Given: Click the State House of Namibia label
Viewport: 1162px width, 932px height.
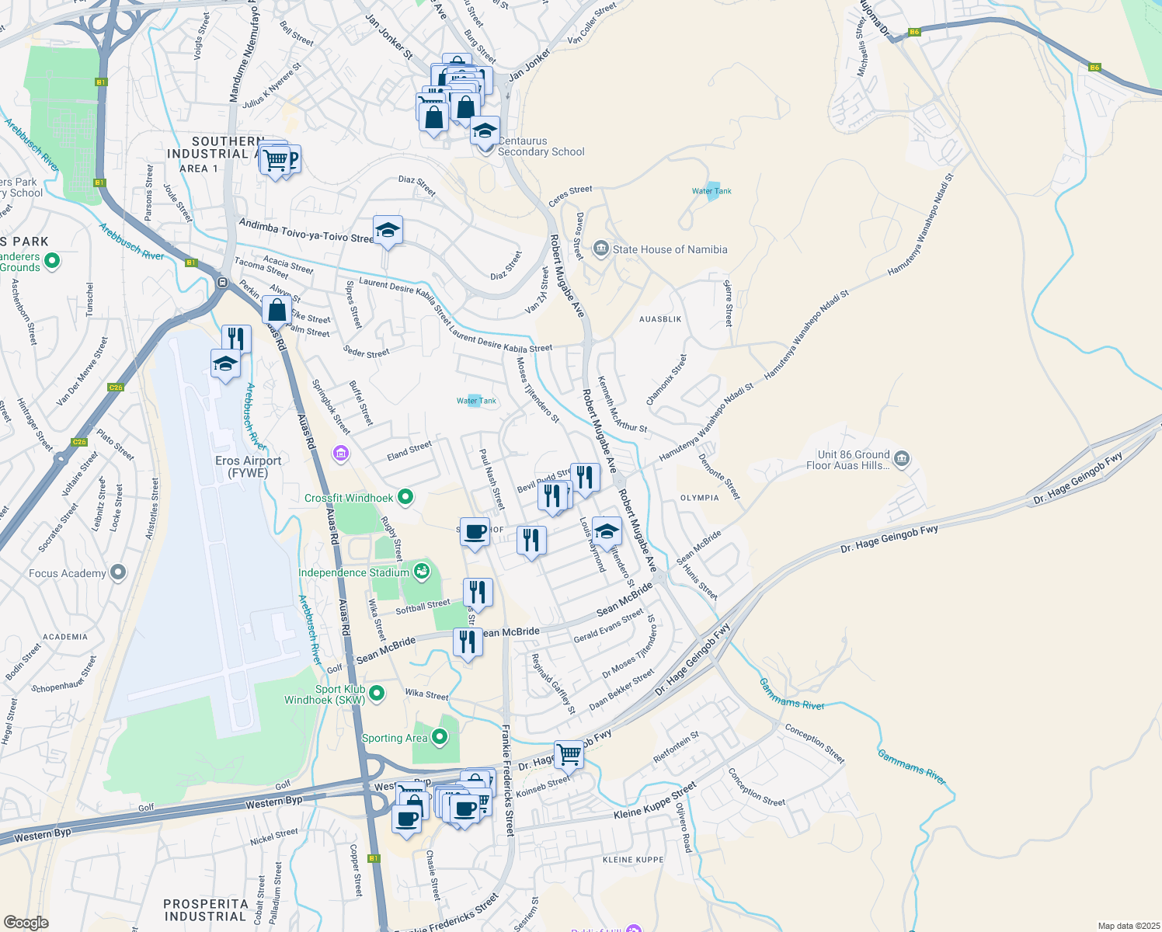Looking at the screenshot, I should click(x=670, y=249).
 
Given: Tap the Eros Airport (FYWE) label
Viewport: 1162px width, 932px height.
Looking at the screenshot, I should click(x=248, y=467).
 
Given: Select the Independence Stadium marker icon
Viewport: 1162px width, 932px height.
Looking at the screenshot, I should click(x=422, y=572).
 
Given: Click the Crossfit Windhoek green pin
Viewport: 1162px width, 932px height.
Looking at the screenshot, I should click(x=405, y=497).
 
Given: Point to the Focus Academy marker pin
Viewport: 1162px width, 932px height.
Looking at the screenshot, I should click(x=118, y=573).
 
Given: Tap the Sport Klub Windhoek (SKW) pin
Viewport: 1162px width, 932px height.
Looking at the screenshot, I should click(x=377, y=693).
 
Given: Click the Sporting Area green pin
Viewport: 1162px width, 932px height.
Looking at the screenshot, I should click(x=440, y=737).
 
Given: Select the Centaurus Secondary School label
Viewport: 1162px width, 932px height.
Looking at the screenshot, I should click(x=541, y=147).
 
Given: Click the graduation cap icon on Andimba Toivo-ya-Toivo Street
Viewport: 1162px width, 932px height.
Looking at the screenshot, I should click(x=388, y=231).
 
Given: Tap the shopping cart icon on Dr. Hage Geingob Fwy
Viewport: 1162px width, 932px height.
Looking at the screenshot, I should click(x=569, y=753).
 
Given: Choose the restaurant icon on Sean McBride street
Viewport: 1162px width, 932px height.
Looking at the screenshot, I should click(x=467, y=642).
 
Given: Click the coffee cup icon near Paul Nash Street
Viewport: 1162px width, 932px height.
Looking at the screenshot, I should click(x=475, y=533).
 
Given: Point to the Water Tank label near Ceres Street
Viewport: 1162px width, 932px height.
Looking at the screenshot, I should click(x=711, y=191).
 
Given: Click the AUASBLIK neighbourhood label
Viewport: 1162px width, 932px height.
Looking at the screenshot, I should click(x=660, y=319).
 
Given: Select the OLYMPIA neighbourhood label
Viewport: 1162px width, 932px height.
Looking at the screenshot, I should click(x=699, y=498).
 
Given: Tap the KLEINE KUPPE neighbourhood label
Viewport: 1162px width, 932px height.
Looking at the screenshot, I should click(x=633, y=860).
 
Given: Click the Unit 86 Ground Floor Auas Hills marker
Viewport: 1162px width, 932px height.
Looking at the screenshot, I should click(x=901, y=459).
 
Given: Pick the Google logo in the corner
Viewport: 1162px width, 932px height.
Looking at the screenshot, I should click(x=26, y=922).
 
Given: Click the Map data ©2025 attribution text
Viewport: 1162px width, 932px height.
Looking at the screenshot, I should click(x=1128, y=926).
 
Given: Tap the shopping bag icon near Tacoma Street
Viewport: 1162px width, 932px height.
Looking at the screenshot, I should click(x=277, y=311).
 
